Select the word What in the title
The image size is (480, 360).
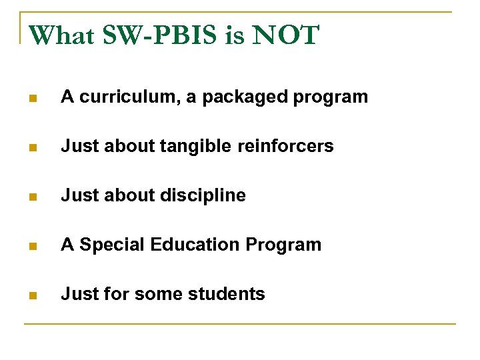(x=61, y=35)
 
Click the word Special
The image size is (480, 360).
(x=113, y=245)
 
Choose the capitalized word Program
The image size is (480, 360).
(x=283, y=245)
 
